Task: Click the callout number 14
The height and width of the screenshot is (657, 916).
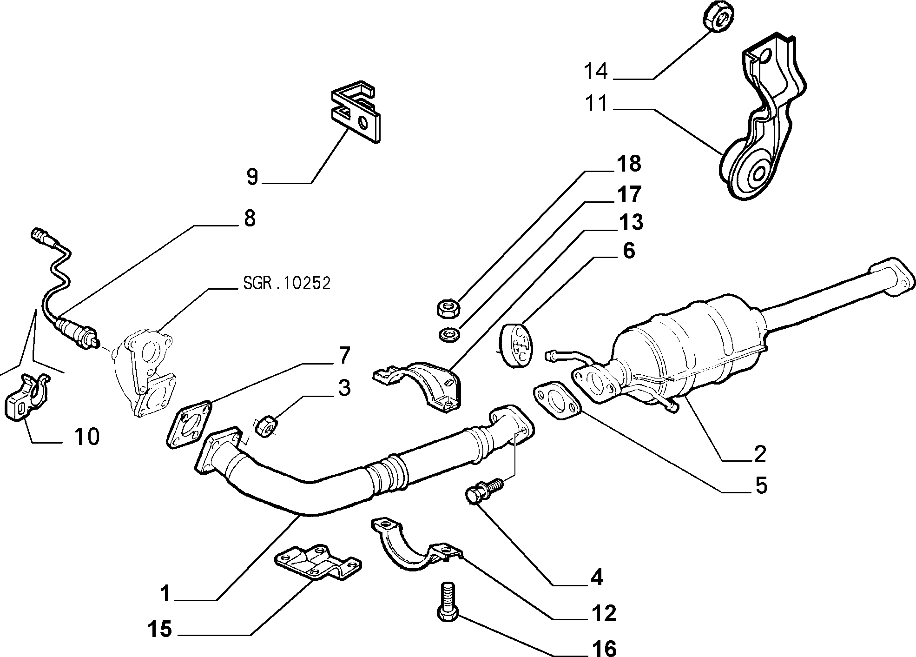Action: click(x=596, y=72)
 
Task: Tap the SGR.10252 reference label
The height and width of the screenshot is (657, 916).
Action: click(x=287, y=283)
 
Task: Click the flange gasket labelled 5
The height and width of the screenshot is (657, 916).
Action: click(x=557, y=399)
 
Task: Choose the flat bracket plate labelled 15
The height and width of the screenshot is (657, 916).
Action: click(x=319, y=563)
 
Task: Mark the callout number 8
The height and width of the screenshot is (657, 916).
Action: click(x=250, y=218)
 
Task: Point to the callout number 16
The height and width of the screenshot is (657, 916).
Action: click(x=604, y=648)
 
